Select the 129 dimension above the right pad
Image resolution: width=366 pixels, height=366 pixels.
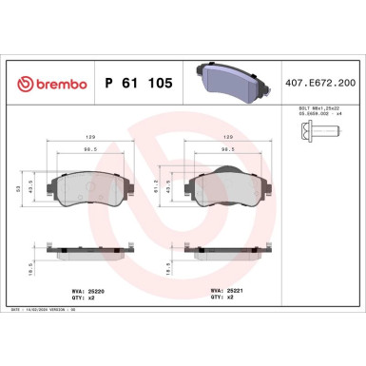pos(228,135)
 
